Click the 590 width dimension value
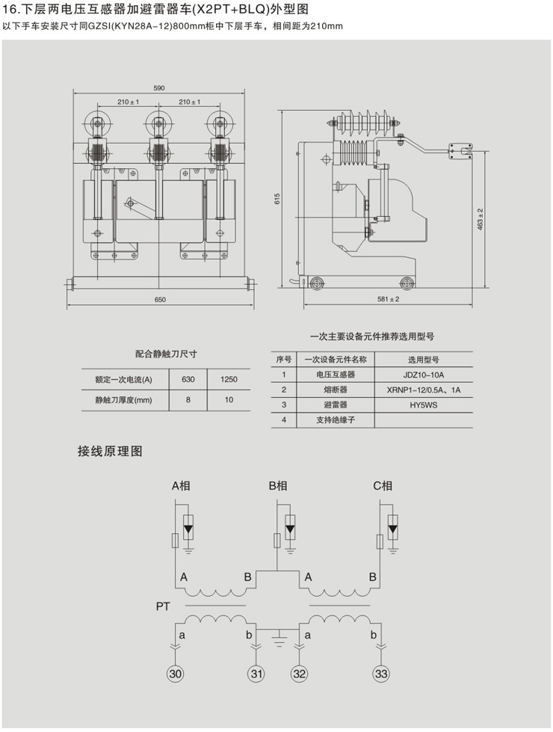pyautogui.click(x=159, y=87)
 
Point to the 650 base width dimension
pyautogui.click(x=160, y=300)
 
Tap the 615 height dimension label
pyautogui.click(x=276, y=200)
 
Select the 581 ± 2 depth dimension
pyautogui.click(x=387, y=300)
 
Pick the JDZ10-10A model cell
pyautogui.click(x=424, y=375)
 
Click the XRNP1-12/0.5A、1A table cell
pyautogui.click(x=424, y=390)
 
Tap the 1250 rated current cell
pyautogui.click(x=229, y=379)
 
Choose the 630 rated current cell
pyautogui.click(x=188, y=379)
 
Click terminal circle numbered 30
pyautogui.click(x=176, y=674)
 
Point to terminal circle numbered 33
pyautogui.click(x=381, y=674)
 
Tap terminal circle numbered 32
pyautogui.click(x=300, y=674)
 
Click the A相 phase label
pyautogui.click(x=181, y=486)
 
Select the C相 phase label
pyautogui.click(x=383, y=486)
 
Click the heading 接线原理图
pyautogui.click(x=110, y=452)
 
